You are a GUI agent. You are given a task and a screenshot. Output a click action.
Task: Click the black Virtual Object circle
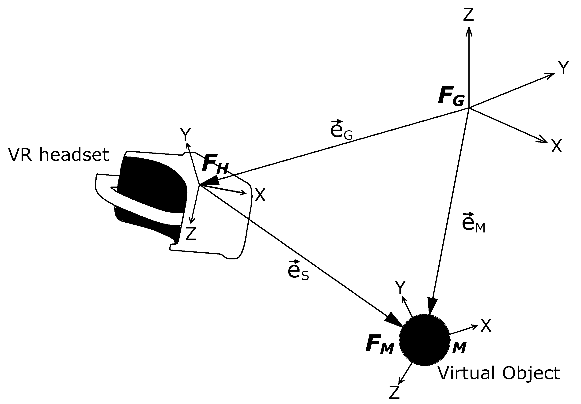(x=425, y=340)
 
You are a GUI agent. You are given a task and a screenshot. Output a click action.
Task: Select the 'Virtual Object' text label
(x=499, y=373)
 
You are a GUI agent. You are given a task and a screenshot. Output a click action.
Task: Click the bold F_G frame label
(x=452, y=96)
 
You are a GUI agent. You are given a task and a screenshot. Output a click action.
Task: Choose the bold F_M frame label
(x=380, y=344)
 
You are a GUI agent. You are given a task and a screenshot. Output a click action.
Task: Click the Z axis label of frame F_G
(x=468, y=15)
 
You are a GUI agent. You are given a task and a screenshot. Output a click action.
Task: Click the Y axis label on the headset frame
(x=186, y=135)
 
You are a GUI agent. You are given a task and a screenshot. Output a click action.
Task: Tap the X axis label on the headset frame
(x=260, y=195)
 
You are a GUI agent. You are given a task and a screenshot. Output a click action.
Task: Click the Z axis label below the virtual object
(x=394, y=392)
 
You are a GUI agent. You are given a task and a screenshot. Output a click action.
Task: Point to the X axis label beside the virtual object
(x=486, y=325)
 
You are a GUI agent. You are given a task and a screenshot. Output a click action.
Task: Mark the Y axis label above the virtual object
(x=401, y=288)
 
